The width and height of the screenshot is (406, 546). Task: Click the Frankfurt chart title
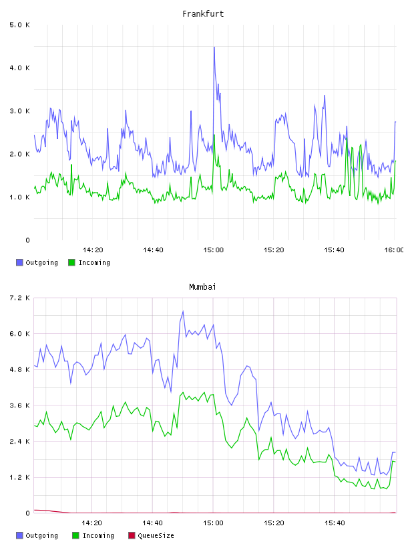click(203, 14)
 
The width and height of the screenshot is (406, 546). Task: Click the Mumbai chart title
click(202, 287)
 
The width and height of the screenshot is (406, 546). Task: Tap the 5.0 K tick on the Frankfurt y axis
click(20, 25)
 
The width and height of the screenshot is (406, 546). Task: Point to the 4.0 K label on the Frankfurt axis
click(20, 68)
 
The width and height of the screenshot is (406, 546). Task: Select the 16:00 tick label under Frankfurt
click(394, 250)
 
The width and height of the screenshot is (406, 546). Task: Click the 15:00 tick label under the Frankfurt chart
click(214, 250)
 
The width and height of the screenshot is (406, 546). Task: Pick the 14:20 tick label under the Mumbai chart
click(91, 523)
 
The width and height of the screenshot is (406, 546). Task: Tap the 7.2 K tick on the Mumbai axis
click(20, 298)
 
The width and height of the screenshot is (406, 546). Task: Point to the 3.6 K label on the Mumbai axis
click(20, 405)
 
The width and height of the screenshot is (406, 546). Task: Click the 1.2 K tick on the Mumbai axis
click(20, 477)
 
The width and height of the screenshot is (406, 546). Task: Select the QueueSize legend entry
click(151, 535)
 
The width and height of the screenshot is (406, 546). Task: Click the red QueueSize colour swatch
click(132, 535)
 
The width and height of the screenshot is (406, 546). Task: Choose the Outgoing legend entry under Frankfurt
click(37, 262)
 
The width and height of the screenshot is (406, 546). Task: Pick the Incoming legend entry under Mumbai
click(93, 535)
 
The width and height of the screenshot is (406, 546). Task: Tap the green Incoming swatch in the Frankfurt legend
click(71, 262)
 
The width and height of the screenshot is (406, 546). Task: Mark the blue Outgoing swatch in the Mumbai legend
click(19, 535)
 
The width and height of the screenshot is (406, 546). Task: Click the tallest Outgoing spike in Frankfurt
click(214, 48)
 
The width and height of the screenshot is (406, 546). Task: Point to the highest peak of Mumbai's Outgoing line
click(183, 312)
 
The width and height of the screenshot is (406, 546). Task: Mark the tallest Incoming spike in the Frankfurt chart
click(214, 135)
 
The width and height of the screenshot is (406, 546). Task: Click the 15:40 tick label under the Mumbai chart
click(335, 523)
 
